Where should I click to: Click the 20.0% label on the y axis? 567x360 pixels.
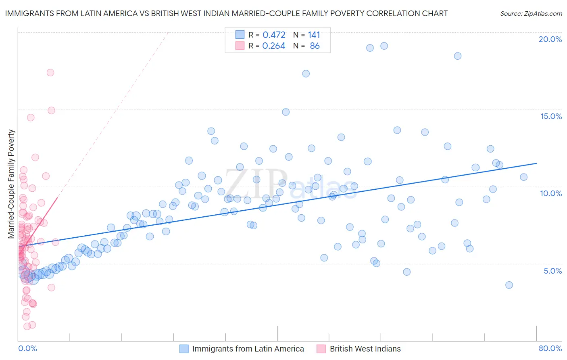[x=550, y=39]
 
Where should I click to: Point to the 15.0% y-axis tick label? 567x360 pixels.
[x=551, y=116]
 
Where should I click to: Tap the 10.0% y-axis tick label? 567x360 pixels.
[x=551, y=193]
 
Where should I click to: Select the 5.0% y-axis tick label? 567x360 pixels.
[x=552, y=271]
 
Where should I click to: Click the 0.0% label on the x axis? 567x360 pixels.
[x=27, y=348]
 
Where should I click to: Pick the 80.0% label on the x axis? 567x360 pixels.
[x=550, y=348]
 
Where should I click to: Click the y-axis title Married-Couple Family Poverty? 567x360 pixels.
[x=11, y=184]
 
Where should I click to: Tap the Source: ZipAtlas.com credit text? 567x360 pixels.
[x=531, y=14]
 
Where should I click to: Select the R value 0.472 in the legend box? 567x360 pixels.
[x=274, y=35]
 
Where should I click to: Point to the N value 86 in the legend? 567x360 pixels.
[x=315, y=46]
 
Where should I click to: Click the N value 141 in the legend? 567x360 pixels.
[x=314, y=35]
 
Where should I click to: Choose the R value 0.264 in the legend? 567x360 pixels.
[x=274, y=46]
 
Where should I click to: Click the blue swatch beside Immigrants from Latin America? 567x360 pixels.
[x=184, y=349]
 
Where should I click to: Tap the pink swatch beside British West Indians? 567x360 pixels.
[x=321, y=349]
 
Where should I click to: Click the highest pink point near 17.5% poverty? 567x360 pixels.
[x=50, y=73]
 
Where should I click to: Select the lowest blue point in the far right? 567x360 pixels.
[x=509, y=285]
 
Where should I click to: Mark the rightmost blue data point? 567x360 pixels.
[x=523, y=177]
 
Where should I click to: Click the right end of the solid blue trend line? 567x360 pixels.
[x=536, y=163]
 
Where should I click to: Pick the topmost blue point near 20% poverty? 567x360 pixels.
[x=384, y=46]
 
